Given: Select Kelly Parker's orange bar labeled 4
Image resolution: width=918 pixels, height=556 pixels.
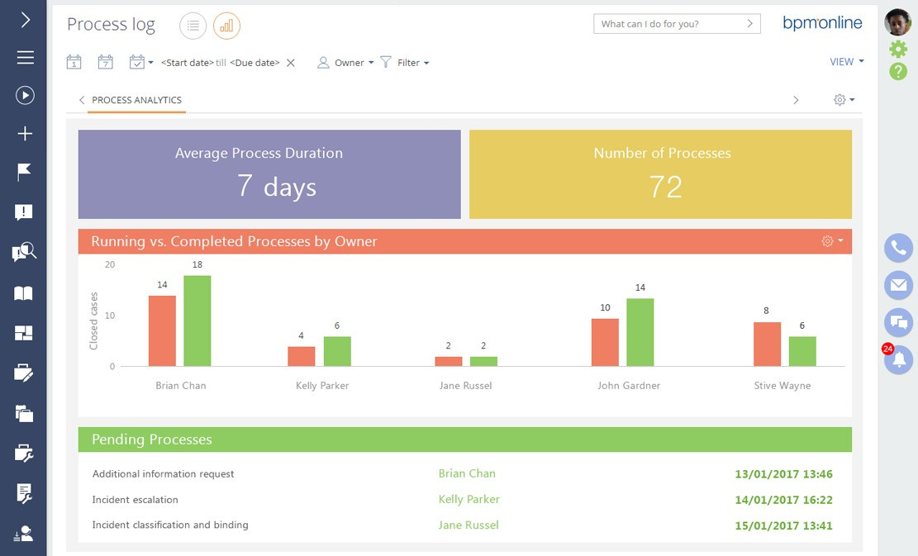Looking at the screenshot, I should (301, 356).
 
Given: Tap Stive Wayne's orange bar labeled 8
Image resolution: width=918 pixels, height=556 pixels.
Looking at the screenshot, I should (767, 344).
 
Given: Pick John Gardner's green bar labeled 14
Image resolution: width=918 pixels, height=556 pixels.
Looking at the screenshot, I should (640, 332).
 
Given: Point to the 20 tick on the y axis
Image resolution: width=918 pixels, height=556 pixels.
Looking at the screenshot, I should (110, 265).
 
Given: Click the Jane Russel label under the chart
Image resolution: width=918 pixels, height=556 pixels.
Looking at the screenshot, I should (465, 386).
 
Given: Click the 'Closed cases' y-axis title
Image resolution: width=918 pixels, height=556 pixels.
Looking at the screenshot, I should (93, 320).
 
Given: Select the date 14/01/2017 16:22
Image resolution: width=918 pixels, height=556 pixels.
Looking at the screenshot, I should (783, 500).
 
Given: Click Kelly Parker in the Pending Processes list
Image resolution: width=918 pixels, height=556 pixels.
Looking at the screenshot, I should (469, 499).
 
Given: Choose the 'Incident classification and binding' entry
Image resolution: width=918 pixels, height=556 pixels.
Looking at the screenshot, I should (170, 525).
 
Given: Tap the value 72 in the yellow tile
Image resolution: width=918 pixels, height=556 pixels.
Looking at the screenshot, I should (665, 187).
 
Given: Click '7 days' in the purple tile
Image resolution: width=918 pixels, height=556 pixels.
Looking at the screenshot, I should (276, 187).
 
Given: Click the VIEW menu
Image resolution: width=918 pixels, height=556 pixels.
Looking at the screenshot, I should (846, 62).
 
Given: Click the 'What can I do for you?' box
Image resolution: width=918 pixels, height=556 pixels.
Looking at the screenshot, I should (676, 24).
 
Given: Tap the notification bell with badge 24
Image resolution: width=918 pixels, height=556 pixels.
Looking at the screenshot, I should (898, 359).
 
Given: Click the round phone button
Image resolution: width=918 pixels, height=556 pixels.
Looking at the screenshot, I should (898, 248).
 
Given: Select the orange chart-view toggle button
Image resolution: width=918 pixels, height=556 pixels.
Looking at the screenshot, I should (226, 26).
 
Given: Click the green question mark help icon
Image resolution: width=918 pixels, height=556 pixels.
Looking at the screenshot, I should (898, 72).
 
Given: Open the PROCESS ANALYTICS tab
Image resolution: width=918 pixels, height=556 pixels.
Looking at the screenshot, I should (136, 100).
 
